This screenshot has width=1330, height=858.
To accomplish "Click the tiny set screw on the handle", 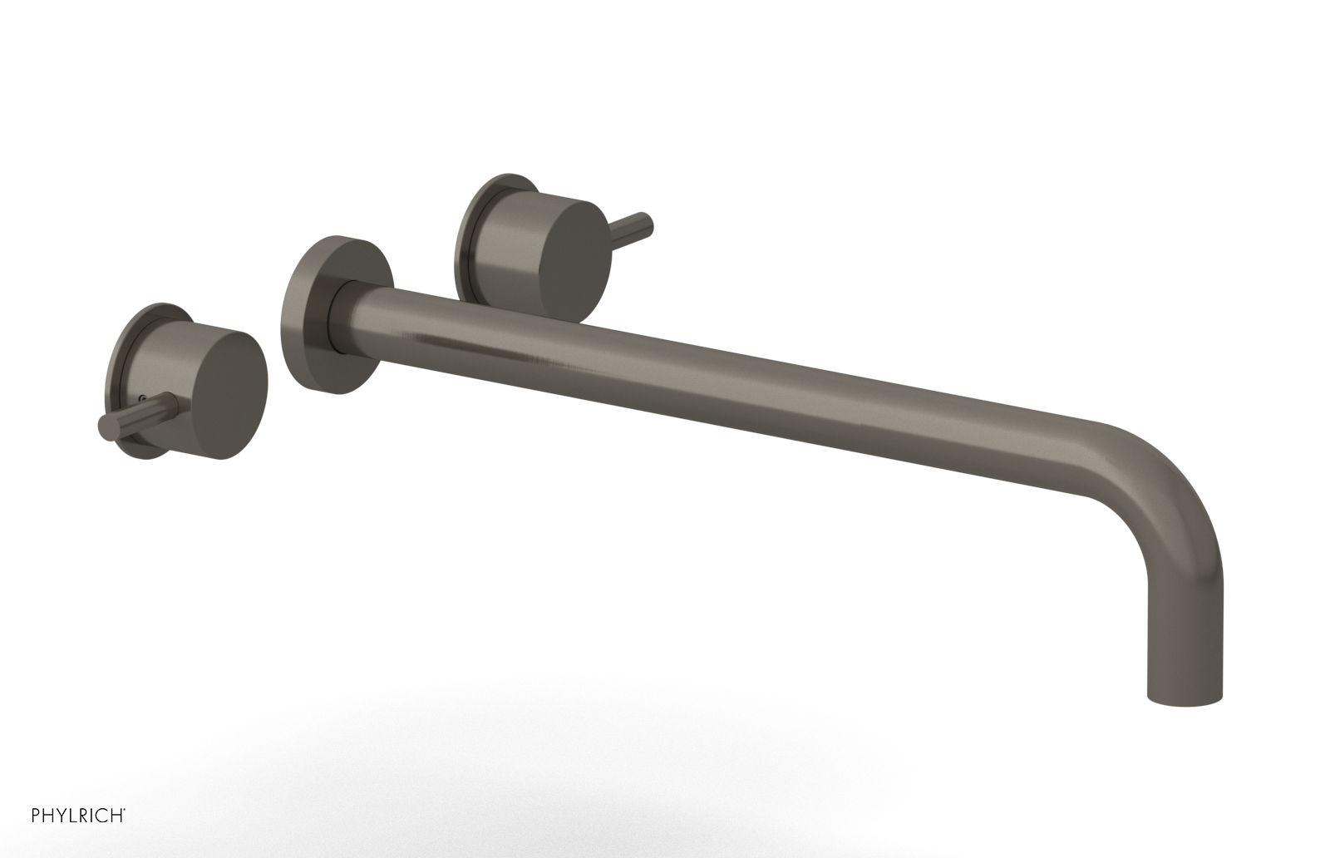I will [x=145, y=400].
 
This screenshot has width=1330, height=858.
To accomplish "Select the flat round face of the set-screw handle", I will [x=234, y=380].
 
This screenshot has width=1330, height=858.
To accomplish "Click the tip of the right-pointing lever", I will [x=647, y=224].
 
